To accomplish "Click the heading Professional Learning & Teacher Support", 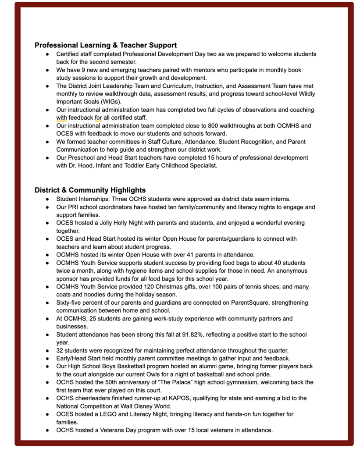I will point(106,45).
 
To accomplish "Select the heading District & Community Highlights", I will point(90,190).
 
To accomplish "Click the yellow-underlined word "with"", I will point(61,118).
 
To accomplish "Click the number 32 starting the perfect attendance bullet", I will point(60,351).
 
